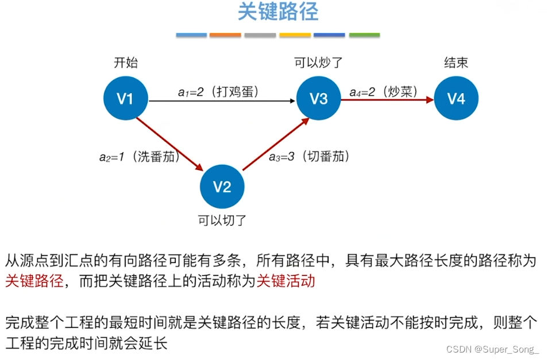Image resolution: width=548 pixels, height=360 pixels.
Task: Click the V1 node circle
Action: (125, 99)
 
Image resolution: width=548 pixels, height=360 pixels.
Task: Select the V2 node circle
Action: (222, 187)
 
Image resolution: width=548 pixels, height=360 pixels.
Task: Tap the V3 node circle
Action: (318, 99)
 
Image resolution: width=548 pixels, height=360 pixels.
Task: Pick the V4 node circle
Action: (456, 99)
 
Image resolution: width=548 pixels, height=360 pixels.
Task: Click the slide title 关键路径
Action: (277, 13)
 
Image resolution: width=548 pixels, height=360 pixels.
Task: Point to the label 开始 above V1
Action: (125, 63)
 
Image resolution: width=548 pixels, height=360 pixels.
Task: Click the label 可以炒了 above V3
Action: (318, 63)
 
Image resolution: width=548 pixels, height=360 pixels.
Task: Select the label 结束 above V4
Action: (456, 63)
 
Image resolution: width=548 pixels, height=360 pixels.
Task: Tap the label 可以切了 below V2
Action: (222, 219)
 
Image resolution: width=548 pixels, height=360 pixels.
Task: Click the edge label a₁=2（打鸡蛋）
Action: (218, 91)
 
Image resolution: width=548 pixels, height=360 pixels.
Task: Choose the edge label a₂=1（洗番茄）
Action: (140, 156)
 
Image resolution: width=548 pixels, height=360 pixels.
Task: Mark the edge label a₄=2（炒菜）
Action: (383, 91)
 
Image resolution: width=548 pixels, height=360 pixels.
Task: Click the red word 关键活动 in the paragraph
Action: (285, 281)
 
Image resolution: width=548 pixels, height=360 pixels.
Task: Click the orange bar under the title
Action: (225, 35)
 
